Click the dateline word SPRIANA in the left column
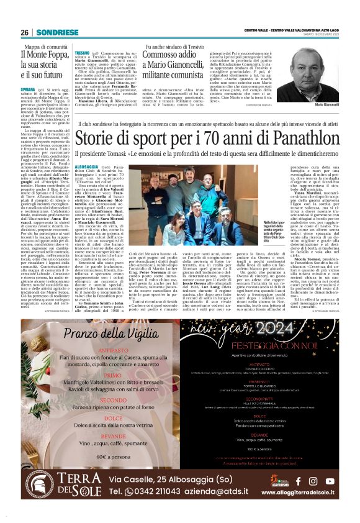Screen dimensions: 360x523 [32, 89]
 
